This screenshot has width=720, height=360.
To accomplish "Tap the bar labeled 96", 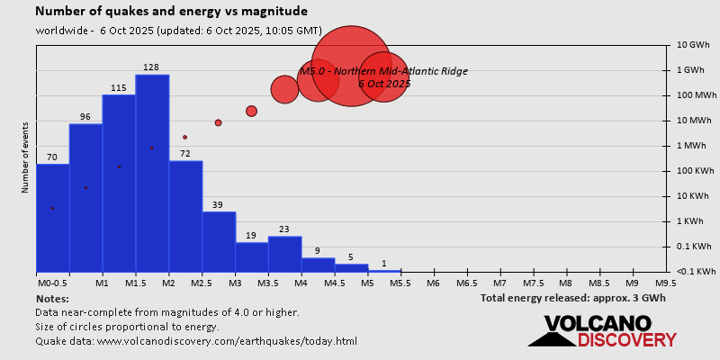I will point(85,197).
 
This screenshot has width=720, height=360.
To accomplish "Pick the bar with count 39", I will point(219,241).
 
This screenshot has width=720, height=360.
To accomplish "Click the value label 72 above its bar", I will point(185,154).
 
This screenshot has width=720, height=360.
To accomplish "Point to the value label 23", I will point(284,229).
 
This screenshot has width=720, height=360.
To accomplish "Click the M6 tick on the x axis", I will point(433,283).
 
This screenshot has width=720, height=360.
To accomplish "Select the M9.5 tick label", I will point(666,283).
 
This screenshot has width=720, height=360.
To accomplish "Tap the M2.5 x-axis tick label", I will point(202,283).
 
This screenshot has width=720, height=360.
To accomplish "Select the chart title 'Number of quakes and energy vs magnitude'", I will point(171,12).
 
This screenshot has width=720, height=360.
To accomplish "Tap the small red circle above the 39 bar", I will point(218,122).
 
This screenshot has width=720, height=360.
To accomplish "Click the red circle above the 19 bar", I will point(251,111).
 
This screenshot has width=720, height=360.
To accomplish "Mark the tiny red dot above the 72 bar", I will point(184,137).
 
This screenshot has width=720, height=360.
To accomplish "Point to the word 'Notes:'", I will point(52,298).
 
